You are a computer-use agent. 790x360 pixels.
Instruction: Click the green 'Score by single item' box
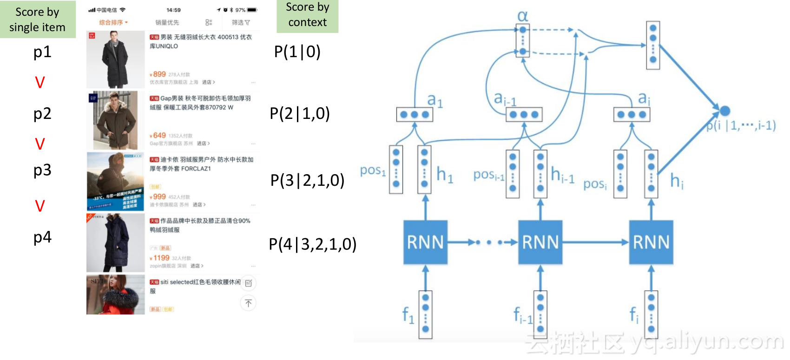[38, 20]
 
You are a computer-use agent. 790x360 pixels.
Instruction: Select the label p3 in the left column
[42, 170]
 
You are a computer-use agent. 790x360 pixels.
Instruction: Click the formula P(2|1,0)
[300, 113]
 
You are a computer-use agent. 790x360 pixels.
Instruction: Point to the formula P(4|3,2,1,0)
[312, 244]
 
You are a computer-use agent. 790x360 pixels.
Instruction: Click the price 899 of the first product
[159, 74]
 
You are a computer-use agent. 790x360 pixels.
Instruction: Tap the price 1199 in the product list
[161, 258]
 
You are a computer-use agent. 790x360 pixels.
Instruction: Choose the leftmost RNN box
[425, 242]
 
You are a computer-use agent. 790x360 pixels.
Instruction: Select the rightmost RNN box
[651, 242]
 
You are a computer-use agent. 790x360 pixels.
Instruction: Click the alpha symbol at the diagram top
[523, 16]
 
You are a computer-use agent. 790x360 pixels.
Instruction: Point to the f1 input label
[408, 315]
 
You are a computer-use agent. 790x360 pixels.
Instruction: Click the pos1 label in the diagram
[373, 170]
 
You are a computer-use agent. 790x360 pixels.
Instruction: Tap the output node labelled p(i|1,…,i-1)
[724, 111]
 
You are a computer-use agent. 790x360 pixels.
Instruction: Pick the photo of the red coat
[116, 295]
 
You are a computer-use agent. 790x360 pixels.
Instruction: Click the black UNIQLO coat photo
[116, 59]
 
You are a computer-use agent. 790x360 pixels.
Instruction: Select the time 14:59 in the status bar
[173, 10]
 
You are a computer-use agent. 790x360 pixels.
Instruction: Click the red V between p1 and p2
[40, 83]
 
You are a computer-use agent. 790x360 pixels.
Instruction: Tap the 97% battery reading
[240, 10]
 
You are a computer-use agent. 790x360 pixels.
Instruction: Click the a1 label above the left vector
[435, 100]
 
